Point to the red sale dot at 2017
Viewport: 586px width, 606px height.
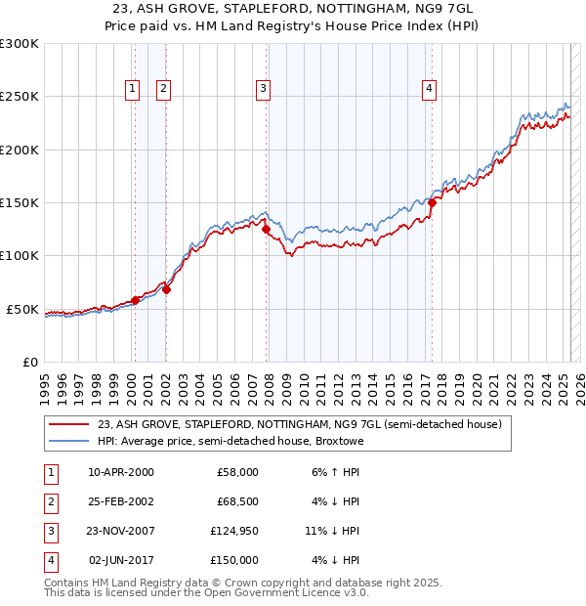pyautogui.click(x=431, y=203)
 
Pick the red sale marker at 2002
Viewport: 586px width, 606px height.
pyautogui.click(x=166, y=289)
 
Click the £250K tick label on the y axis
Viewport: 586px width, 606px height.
pyautogui.click(x=20, y=97)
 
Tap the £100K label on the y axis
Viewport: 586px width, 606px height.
pyautogui.click(x=20, y=256)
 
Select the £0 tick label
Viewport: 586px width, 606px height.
pyautogui.click(x=29, y=362)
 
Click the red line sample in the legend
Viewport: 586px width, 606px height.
pyautogui.click(x=68, y=425)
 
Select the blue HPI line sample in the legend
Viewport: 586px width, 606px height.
pyautogui.click(x=68, y=442)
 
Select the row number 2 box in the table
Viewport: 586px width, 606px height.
pyautogui.click(x=49, y=501)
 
